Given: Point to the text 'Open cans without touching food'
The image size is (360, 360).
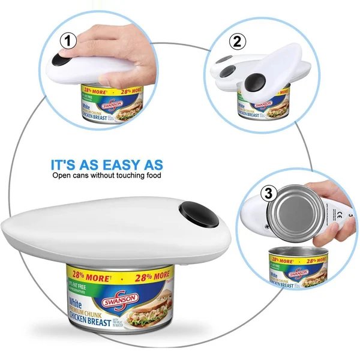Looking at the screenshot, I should [x=107, y=176].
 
